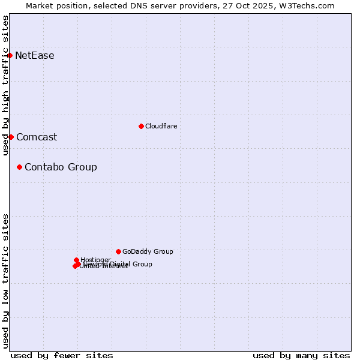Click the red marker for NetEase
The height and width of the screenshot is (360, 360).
(10, 55)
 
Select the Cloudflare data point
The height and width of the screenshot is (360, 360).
(141, 126)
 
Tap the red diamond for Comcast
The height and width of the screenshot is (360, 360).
(11, 137)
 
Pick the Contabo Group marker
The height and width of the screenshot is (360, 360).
(19, 167)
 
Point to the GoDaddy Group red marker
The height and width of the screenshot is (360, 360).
(118, 251)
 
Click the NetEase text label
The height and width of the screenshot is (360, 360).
(35, 56)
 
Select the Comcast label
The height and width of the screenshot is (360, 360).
(37, 137)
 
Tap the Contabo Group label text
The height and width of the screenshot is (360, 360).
(61, 167)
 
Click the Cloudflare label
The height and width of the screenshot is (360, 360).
(161, 126)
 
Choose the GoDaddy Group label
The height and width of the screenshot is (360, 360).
(148, 251)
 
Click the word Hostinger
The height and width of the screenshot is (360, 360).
(95, 260)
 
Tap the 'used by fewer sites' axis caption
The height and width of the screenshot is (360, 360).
(62, 355)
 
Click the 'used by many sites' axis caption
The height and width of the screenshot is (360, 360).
(301, 355)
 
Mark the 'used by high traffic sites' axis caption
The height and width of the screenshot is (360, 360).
(5, 85)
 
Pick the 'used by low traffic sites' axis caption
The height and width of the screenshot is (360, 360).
(5, 281)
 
